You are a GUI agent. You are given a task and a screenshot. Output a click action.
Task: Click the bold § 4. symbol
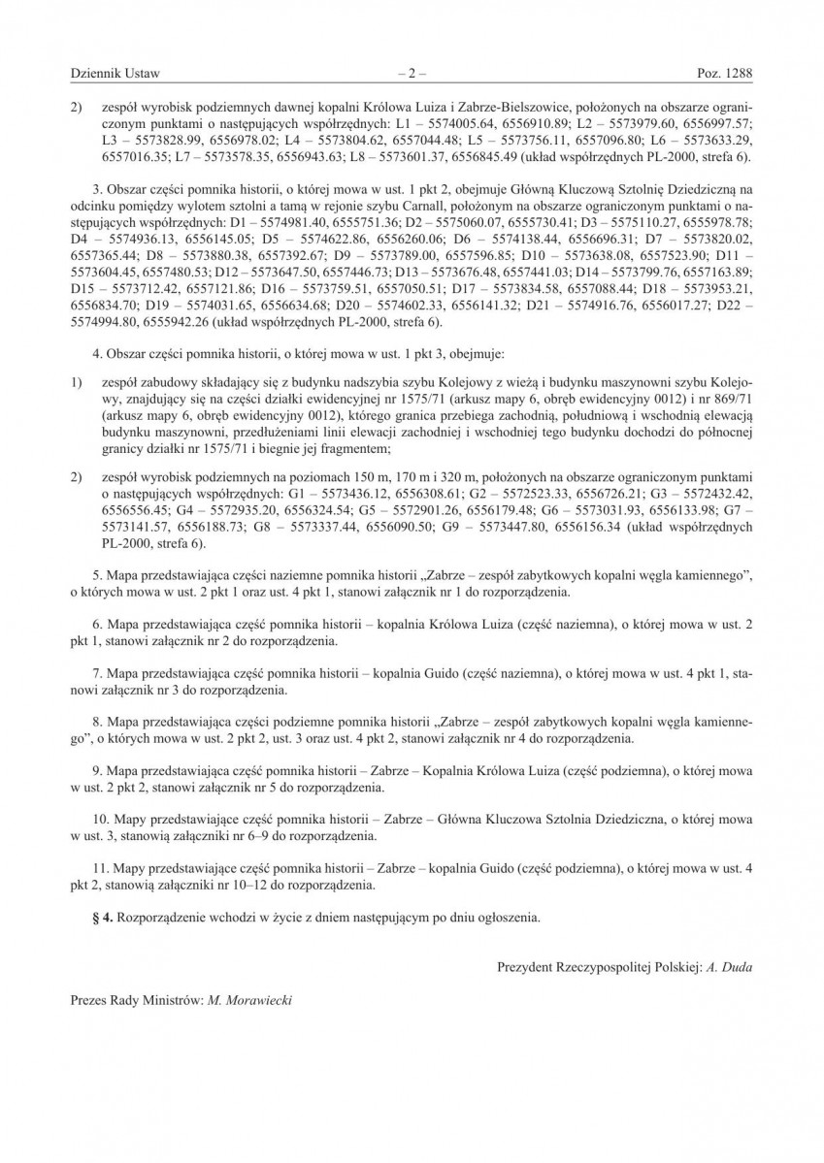pyautogui.click(x=102, y=915)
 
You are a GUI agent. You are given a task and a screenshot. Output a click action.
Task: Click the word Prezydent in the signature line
pyautogui.click(x=522, y=967)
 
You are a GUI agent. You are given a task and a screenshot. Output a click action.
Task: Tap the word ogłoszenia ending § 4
pyautogui.click(x=507, y=915)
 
